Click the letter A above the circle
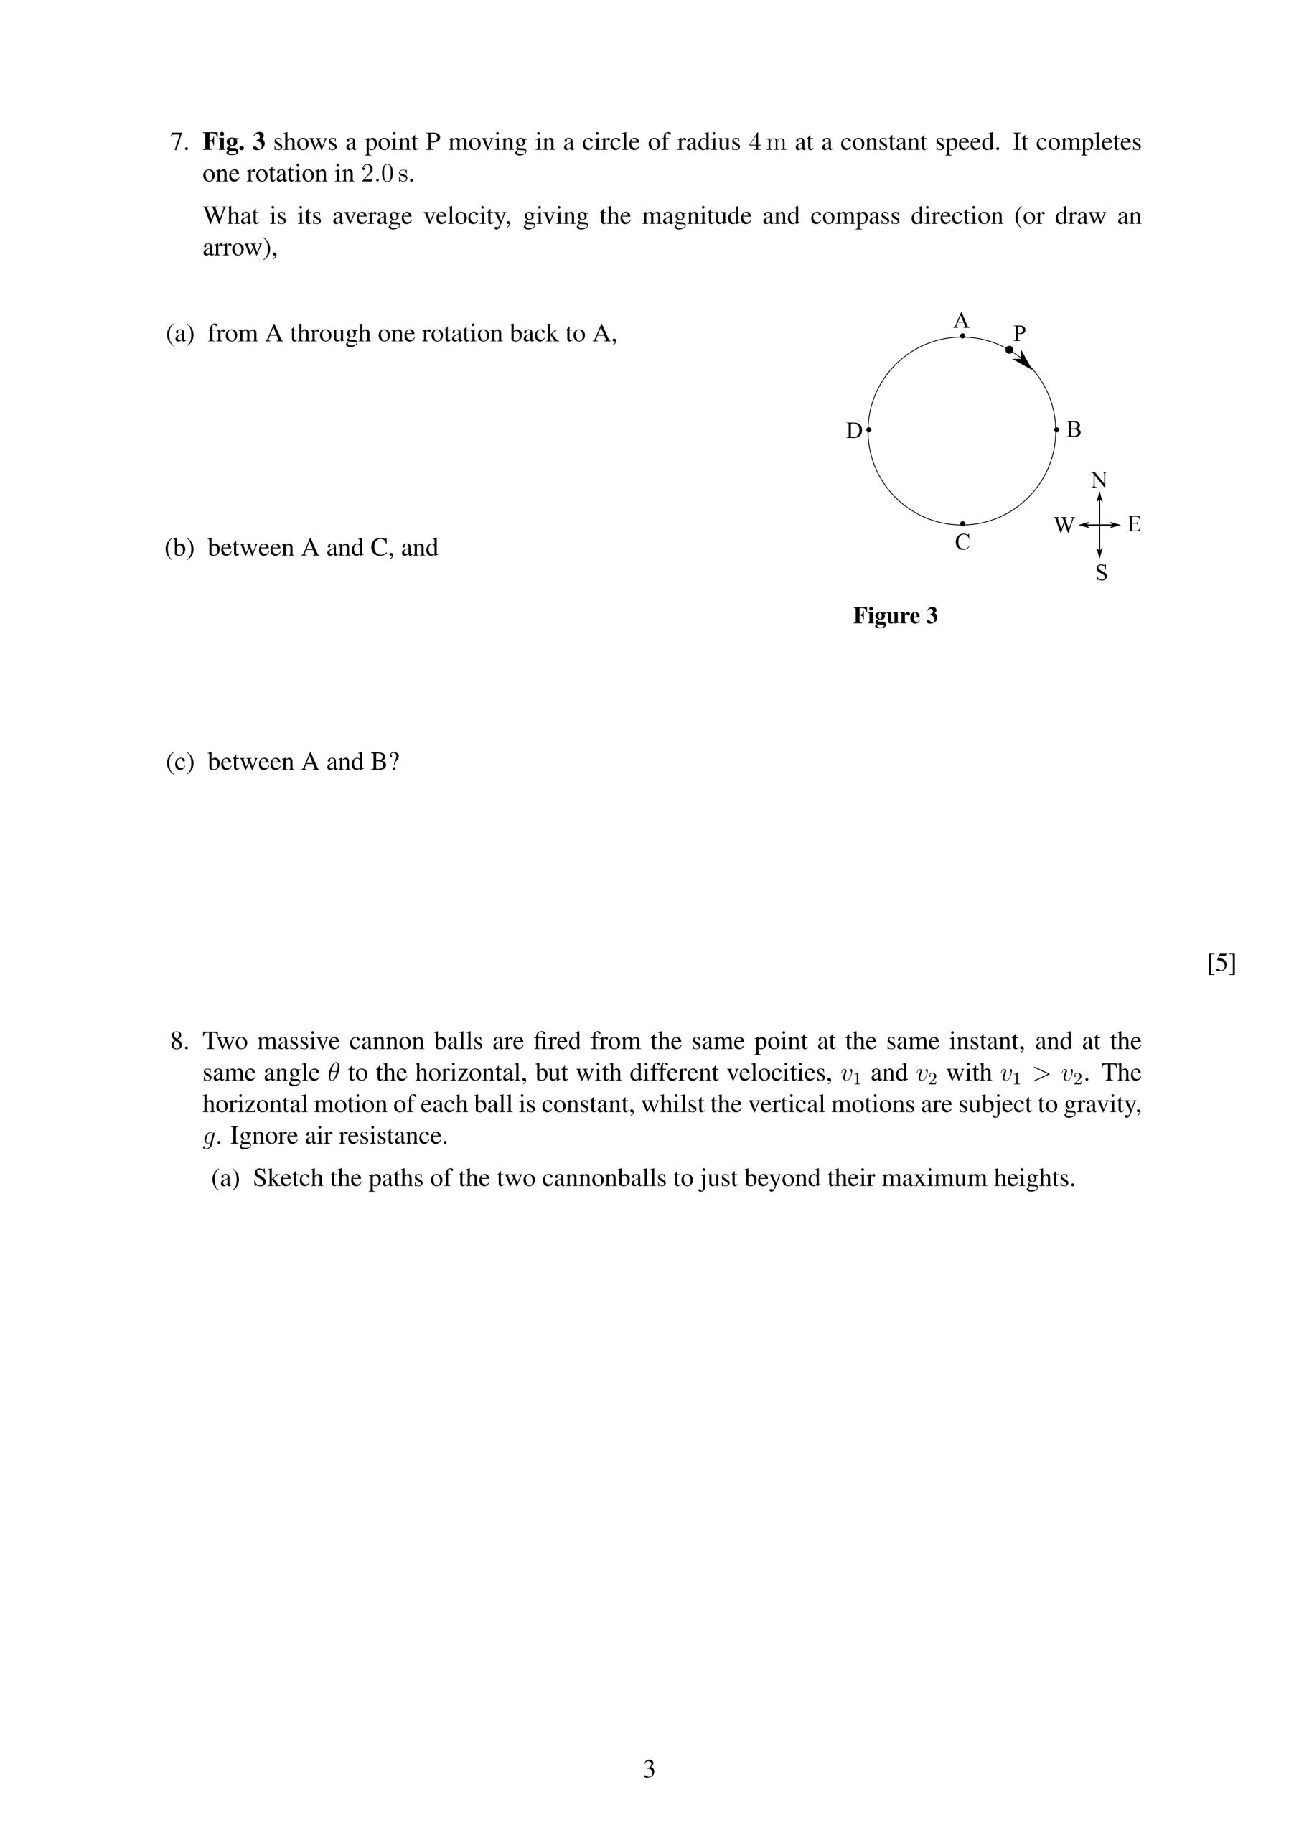961,321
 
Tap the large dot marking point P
1009,350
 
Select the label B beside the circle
1074,430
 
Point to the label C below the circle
962,543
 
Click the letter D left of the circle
854,431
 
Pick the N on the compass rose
1099,480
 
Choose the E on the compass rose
1133,524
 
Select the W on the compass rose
1064,525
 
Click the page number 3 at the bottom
649,1769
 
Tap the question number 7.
179,142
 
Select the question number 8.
179,1042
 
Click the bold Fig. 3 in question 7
233,141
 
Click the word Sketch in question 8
287,1178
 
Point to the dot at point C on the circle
962,523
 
